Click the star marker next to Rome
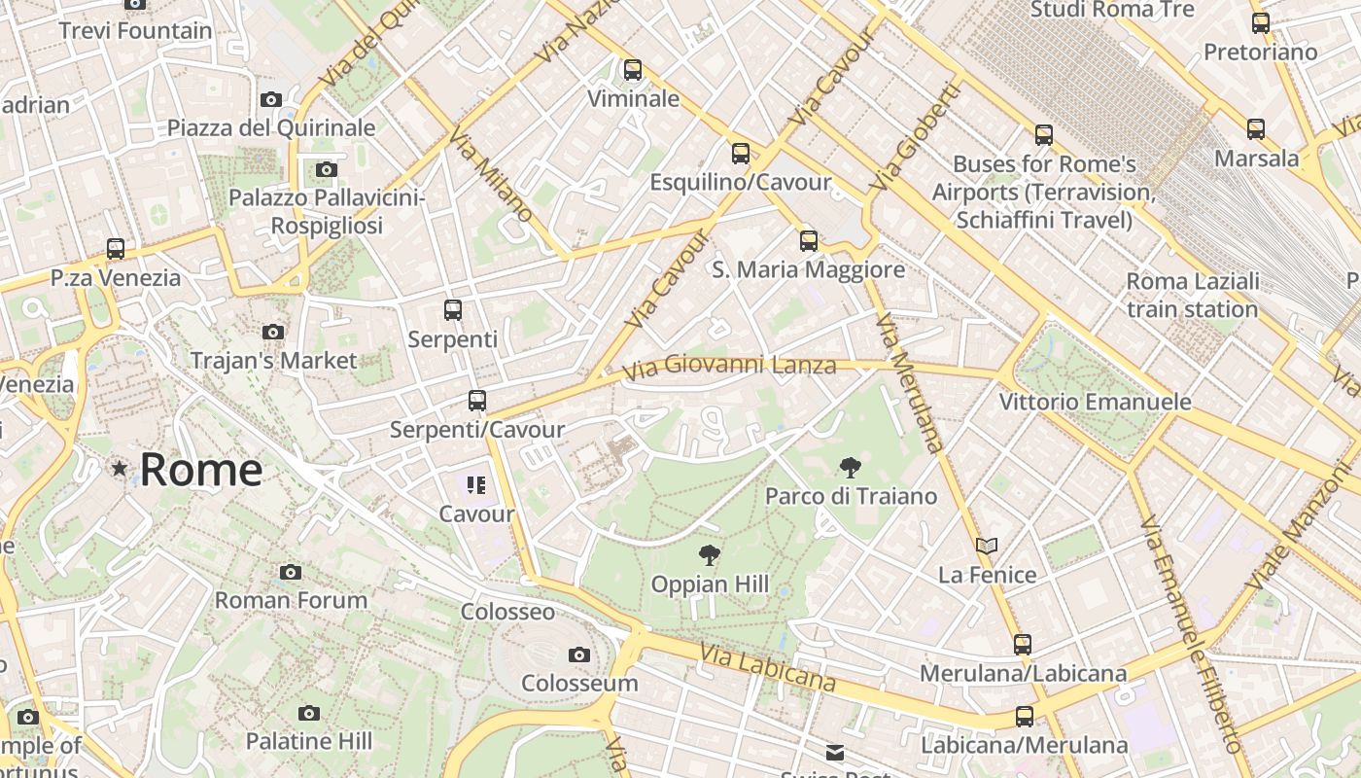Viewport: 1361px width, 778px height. [120, 469]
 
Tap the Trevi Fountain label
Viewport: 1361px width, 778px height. [135, 30]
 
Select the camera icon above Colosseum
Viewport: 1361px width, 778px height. [579, 654]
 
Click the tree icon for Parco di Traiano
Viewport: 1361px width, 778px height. [850, 468]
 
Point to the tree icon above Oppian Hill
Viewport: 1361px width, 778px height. [710, 555]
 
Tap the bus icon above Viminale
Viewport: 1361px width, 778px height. [633, 70]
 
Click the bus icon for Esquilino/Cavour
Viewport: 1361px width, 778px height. [741, 154]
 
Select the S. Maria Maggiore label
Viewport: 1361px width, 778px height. [808, 269]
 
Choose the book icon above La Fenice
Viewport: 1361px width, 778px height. [987, 547]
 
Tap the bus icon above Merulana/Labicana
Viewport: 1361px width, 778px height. [1023, 645]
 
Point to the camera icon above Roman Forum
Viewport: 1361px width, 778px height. [291, 572]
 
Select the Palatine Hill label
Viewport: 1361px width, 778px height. [308, 741]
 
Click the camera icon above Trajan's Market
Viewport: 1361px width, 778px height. [273, 333]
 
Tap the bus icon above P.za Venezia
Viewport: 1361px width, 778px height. [116, 249]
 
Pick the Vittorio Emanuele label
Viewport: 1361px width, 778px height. [1095, 402]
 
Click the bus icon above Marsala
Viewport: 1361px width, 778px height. [1256, 129]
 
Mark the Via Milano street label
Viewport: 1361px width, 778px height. [491, 174]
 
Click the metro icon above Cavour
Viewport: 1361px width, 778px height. [476, 484]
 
